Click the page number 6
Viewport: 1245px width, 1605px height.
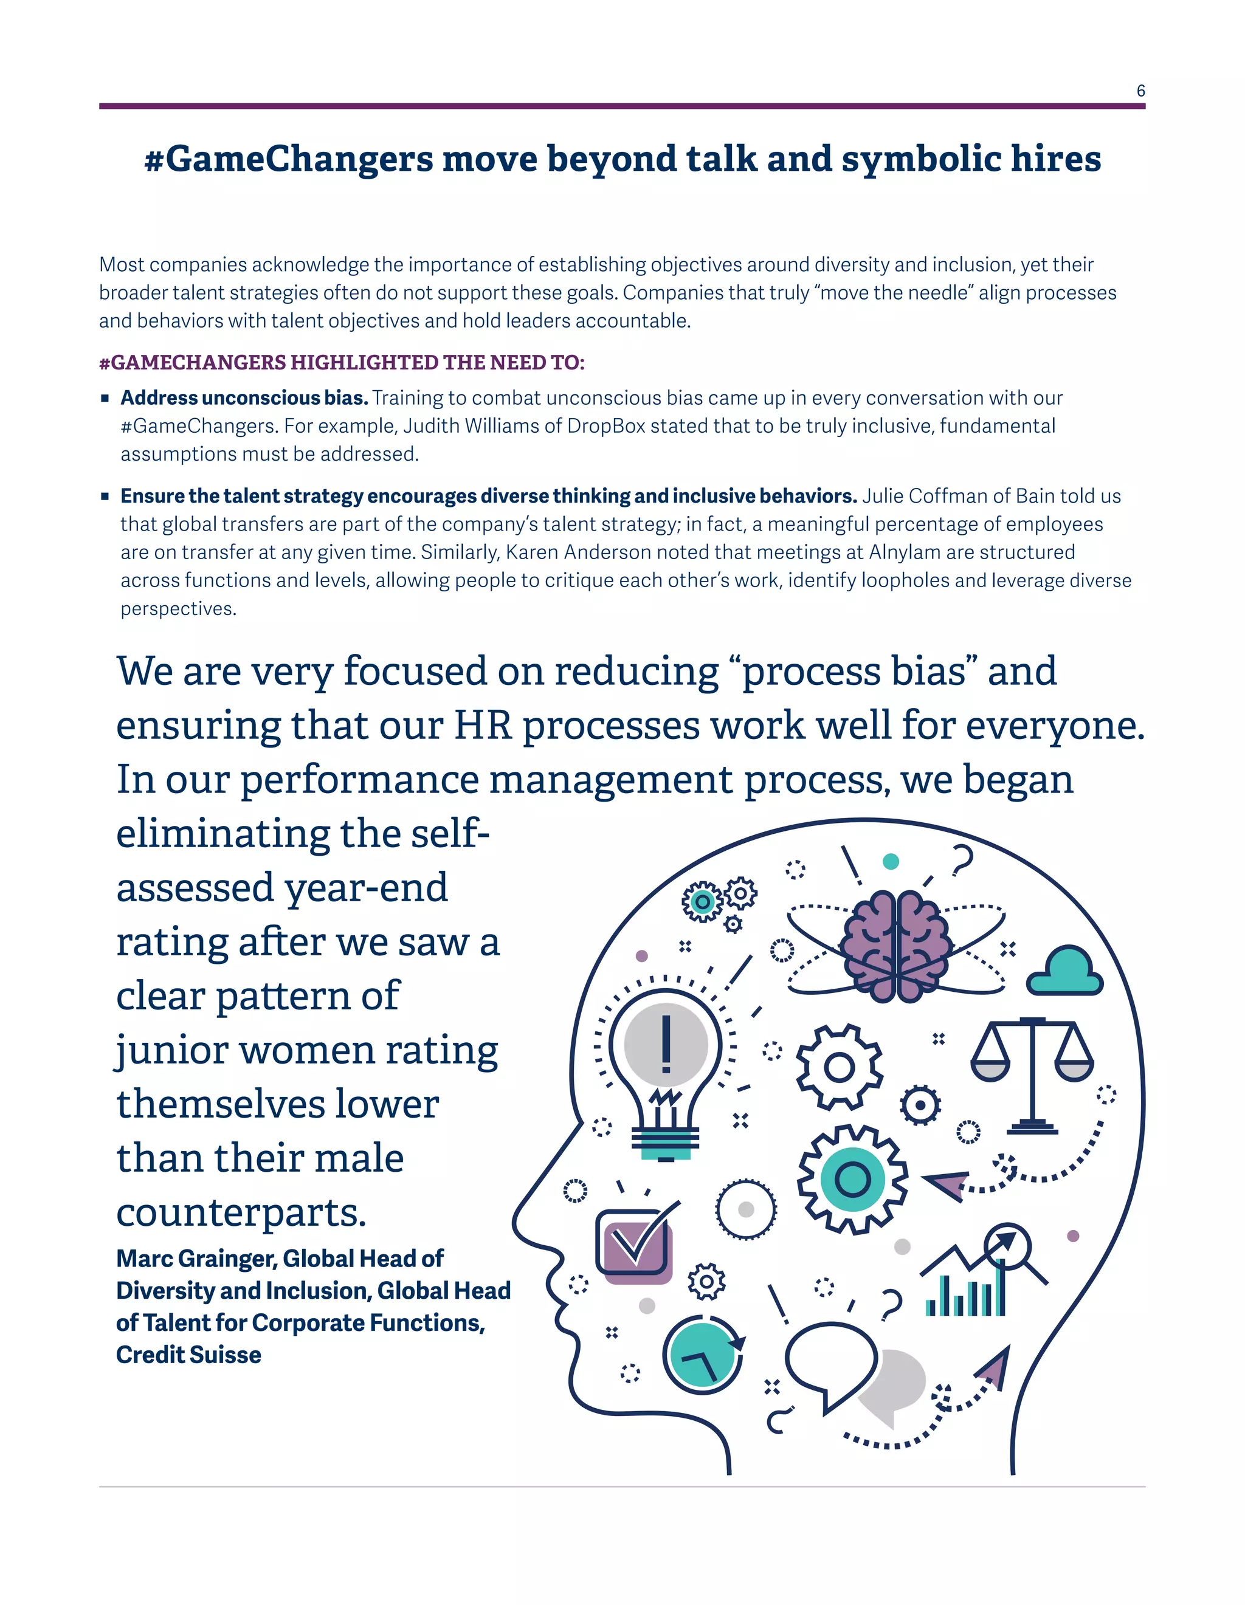[1140, 91]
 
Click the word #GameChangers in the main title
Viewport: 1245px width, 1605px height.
[289, 159]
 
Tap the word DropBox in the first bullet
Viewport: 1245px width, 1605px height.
[605, 426]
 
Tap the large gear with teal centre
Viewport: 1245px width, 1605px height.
[852, 1180]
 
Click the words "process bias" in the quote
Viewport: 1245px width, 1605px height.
[854, 672]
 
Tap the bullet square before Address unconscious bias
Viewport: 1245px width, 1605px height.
[105, 398]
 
